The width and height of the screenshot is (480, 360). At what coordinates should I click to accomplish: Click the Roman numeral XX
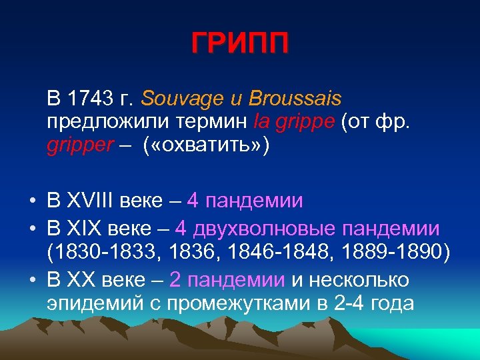(x=80, y=280)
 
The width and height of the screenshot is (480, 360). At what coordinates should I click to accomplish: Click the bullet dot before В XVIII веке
(x=32, y=201)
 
